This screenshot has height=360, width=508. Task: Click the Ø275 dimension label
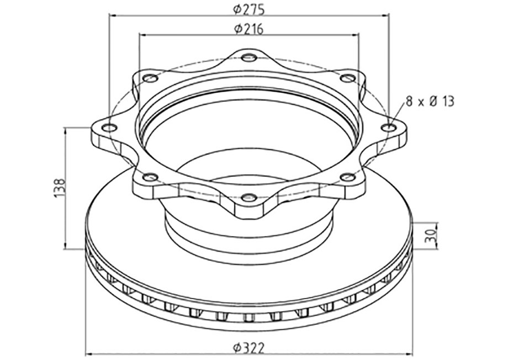click(x=249, y=10)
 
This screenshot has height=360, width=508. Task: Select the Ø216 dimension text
click(x=249, y=29)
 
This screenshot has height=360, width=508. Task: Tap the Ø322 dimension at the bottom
click(x=249, y=348)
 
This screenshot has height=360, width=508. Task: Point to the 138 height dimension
click(x=60, y=188)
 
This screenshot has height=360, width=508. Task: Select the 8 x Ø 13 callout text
click(x=430, y=102)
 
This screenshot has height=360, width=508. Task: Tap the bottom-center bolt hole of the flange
click(x=249, y=197)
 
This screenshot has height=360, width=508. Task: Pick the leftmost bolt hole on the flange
click(x=109, y=128)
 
